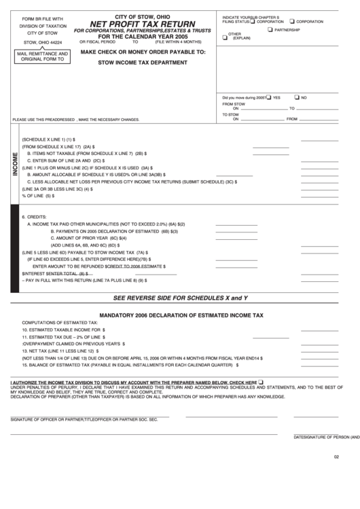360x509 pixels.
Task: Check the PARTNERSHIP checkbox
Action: (x=270, y=30)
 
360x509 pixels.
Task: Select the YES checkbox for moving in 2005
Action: (x=269, y=96)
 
